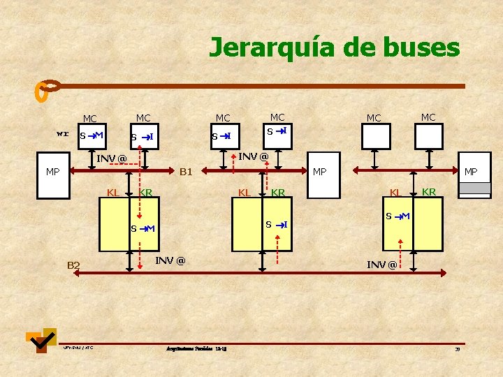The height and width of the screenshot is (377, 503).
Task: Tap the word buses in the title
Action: [420, 47]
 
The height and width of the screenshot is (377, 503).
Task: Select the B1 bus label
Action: [187, 171]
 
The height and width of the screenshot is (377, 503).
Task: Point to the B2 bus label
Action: [73, 265]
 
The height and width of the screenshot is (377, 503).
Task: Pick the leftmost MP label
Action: [52, 171]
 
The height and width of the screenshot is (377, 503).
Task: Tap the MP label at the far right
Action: [471, 171]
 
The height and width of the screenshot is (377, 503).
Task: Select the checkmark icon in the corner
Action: [41, 340]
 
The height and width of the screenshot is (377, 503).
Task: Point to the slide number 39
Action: [458, 349]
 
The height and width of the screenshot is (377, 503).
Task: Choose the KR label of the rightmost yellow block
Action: [429, 192]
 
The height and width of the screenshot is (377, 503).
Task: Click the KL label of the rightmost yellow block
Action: [395, 192]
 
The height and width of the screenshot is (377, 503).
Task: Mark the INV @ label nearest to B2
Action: [170, 260]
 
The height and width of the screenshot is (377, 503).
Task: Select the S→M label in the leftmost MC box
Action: [91, 135]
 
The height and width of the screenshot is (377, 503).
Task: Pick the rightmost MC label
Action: [428, 117]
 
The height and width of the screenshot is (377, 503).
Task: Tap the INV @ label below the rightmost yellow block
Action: [382, 265]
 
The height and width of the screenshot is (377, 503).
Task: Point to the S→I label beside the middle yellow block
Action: [277, 224]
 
